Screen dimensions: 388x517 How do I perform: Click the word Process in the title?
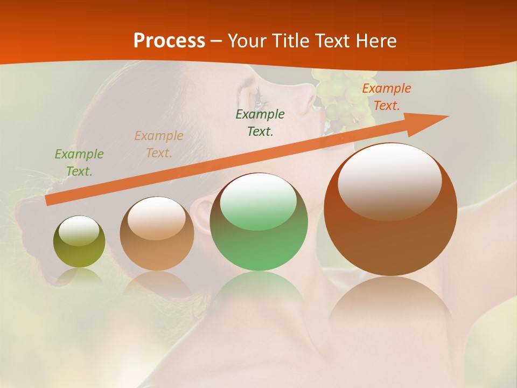(x=169, y=41)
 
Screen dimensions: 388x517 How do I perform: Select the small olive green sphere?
(x=79, y=242)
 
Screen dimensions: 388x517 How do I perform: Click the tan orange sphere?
(x=157, y=234)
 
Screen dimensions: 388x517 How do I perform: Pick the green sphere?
(x=258, y=222)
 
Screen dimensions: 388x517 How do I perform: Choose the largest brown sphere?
(x=390, y=210)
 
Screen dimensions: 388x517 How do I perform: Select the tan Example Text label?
(x=159, y=144)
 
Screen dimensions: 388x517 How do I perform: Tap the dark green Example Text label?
(x=260, y=123)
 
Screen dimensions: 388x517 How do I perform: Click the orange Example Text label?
(x=386, y=97)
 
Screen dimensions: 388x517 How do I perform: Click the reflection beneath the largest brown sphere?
(x=390, y=302)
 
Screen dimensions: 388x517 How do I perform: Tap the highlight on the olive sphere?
(x=79, y=231)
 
